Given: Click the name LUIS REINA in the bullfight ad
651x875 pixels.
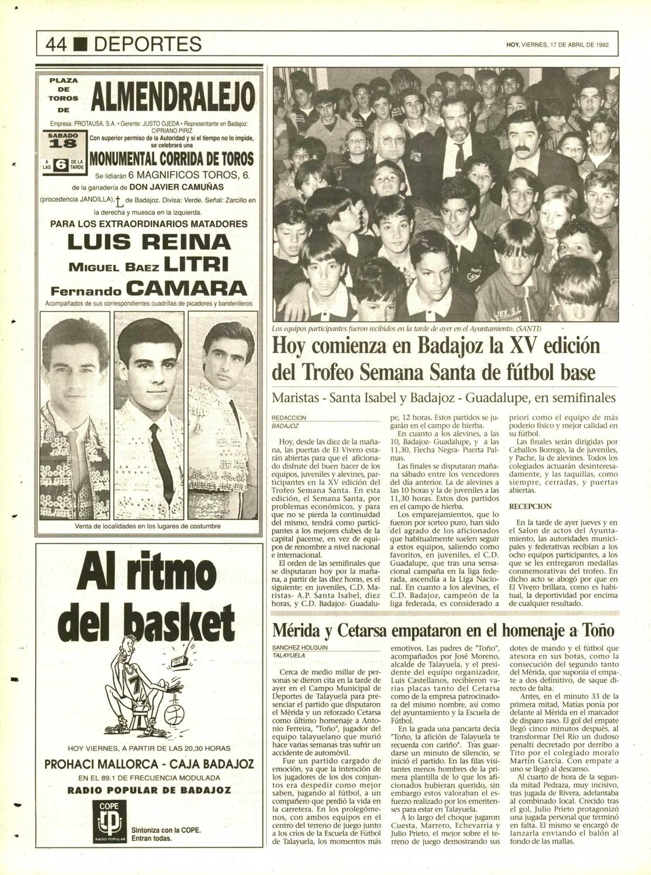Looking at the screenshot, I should [149, 242].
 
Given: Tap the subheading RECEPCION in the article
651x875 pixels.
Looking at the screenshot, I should [531, 506].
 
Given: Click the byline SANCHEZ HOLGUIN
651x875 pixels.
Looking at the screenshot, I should [300, 647].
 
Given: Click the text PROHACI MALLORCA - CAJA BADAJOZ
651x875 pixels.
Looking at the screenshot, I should [149, 764].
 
